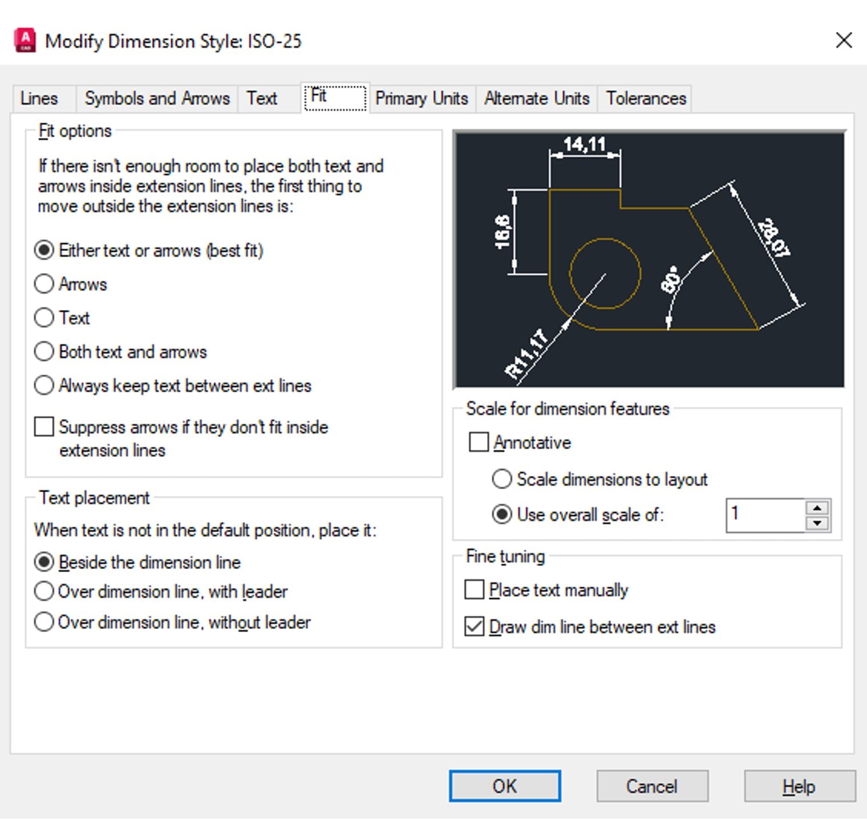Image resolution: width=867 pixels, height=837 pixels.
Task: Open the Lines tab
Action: point(39,99)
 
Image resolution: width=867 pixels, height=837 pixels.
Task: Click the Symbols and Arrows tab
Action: point(157,99)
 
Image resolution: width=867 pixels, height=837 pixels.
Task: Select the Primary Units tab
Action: point(422,99)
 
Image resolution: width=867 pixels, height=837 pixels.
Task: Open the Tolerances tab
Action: point(646,99)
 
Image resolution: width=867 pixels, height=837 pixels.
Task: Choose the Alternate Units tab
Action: point(537,99)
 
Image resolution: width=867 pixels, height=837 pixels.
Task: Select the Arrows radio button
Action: point(44,284)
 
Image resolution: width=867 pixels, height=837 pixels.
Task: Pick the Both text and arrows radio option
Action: point(44,351)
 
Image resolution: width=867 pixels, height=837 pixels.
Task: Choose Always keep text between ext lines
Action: point(44,385)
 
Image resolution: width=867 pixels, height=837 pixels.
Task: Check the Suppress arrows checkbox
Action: point(44,426)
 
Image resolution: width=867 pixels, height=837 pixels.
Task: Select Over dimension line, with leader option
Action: point(44,591)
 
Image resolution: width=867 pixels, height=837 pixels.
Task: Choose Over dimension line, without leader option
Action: point(44,621)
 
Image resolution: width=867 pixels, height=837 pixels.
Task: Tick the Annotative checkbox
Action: point(479,442)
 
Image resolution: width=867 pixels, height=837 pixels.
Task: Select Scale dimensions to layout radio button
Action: point(502,479)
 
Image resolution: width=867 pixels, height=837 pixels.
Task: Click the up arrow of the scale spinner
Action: point(817,507)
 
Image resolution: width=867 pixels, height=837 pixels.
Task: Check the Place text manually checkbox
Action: point(474,590)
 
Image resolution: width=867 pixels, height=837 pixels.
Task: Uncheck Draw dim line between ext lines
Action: point(474,626)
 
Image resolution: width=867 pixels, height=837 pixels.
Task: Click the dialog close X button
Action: point(844,40)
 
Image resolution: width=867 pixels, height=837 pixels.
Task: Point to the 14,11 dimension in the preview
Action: point(584,144)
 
